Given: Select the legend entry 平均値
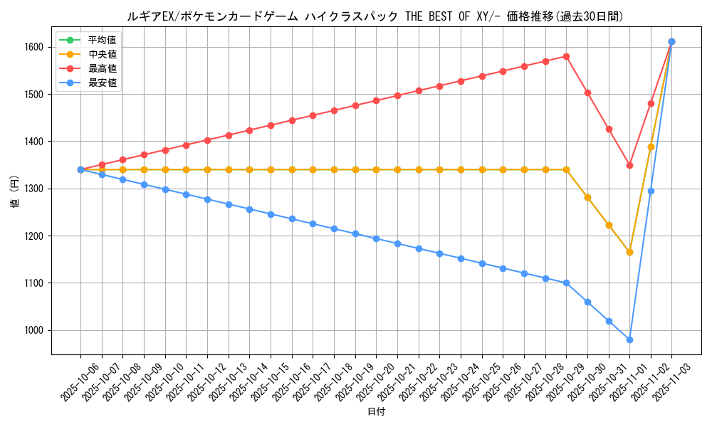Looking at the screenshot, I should [102, 40].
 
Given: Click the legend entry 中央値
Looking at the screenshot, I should [102, 54].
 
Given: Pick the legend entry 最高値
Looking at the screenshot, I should [102, 68].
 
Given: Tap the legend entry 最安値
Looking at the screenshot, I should [102, 83].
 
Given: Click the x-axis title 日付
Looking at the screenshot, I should [376, 412].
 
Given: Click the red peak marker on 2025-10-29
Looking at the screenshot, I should [566, 56].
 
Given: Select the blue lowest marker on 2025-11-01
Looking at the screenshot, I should [629, 339].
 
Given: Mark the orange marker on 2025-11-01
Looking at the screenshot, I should [629, 252].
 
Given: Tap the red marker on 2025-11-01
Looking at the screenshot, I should [629, 165].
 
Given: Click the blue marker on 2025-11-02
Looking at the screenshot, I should [651, 191].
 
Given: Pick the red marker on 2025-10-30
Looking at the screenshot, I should [587, 93].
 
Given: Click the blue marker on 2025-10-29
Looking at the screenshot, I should [566, 283].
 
